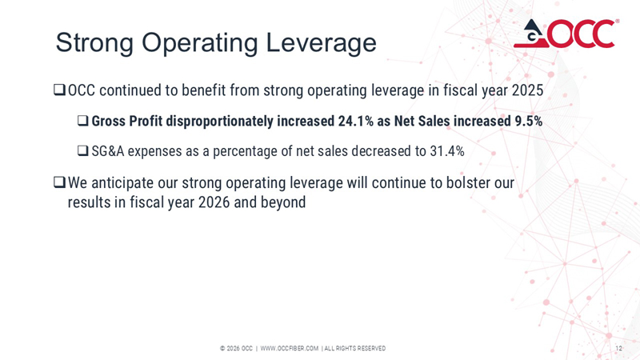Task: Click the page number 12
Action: pos(618,348)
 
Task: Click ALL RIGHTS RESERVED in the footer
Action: pos(354,348)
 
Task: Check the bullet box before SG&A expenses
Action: pos(82,150)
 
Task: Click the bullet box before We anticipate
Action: pos(58,183)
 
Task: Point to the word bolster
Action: pos(465,183)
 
